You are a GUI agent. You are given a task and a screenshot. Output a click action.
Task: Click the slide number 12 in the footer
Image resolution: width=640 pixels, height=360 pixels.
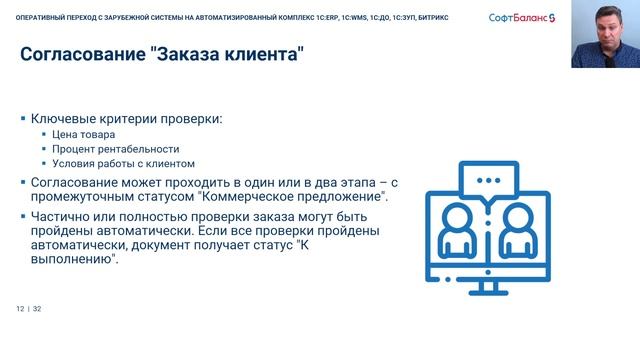[19, 309]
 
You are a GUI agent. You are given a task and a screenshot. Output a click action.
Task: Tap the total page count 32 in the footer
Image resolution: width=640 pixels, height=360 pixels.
[36, 309]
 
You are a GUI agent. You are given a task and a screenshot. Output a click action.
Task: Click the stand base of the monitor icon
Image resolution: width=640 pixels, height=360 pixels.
[489, 291]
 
